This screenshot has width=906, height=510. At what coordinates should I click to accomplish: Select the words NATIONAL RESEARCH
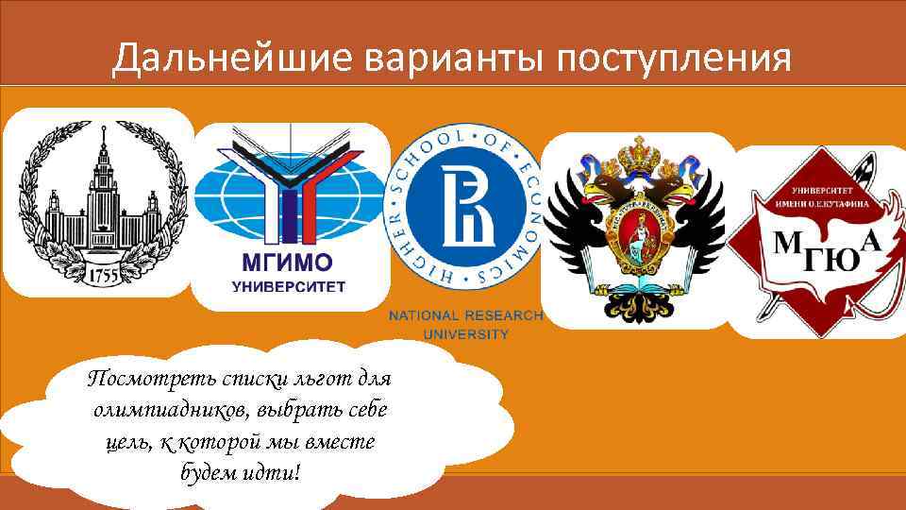point(465,315)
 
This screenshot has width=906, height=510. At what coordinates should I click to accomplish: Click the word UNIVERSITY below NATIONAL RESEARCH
point(465,333)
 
